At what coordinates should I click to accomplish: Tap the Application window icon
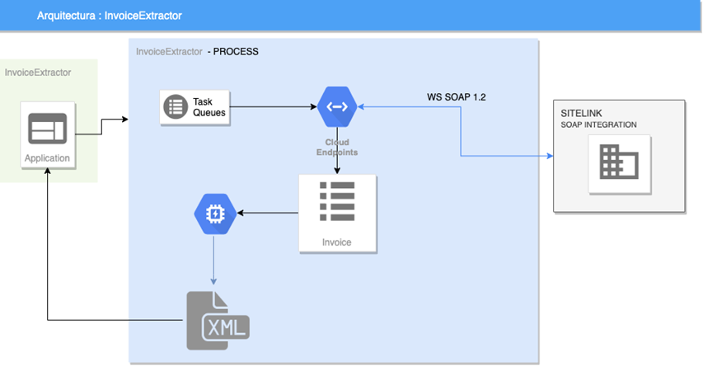pos(47,129)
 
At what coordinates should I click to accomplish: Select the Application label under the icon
pos(47,158)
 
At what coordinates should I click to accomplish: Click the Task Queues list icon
pos(176,106)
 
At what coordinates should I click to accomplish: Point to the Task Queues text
pos(208,106)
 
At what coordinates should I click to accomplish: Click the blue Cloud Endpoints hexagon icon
pos(336,106)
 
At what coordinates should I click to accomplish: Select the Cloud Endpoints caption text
pos(336,147)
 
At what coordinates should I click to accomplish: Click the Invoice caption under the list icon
pos(336,242)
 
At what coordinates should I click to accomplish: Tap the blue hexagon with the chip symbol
pos(214,213)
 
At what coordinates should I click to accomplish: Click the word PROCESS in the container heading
pos(236,51)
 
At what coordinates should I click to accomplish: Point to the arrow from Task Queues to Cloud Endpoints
pos(272,106)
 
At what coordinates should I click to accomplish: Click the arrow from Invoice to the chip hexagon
pos(267,213)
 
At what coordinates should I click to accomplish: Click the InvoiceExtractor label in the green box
pos(38,73)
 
